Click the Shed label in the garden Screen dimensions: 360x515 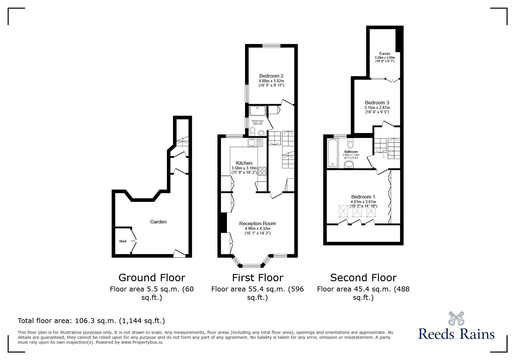122,241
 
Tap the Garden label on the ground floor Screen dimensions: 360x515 158,222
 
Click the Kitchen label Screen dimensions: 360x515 244,163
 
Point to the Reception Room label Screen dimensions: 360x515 257,223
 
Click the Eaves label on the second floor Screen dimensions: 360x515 384,53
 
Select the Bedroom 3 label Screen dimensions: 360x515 377,103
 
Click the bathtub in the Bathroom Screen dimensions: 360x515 332,153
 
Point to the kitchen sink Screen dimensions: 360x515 255,142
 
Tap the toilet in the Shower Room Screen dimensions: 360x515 252,131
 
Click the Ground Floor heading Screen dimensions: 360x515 152,278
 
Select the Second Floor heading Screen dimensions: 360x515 363,278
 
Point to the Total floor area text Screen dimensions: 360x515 91,321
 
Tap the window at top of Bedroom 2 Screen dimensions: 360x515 271,46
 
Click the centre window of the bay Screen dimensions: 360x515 252,265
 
